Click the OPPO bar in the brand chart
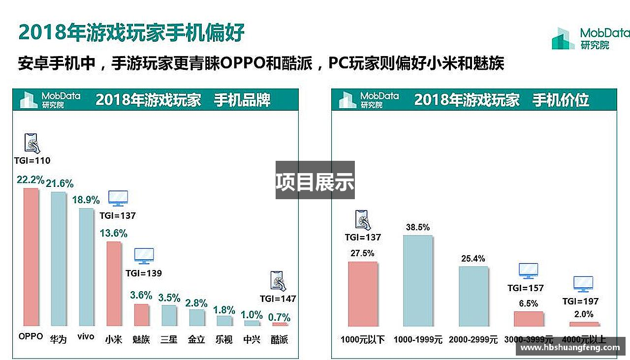pyautogui.click(x=31, y=257)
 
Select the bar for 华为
pyautogui.click(x=59, y=259)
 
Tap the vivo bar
pyautogui.click(x=86, y=267)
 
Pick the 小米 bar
pyautogui.click(x=114, y=283)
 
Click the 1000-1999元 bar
pyautogui.click(x=418, y=280)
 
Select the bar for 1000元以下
pyautogui.click(x=363, y=294)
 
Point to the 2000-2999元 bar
pyautogui.click(x=473, y=296)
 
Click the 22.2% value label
pyautogui.click(x=31, y=180)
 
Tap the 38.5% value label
pyautogui.click(x=418, y=227)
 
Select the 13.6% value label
pyautogui.click(x=114, y=233)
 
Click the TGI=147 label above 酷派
pyautogui.click(x=278, y=299)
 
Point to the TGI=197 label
pyautogui.click(x=583, y=301)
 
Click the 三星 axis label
pyautogui.click(x=169, y=339)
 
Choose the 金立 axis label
pyautogui.click(x=196, y=339)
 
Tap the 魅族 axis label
pyautogui.click(x=141, y=339)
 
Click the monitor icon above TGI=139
pyautogui.click(x=144, y=256)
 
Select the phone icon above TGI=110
pyautogui.click(x=32, y=143)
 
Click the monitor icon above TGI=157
pyautogui.click(x=528, y=270)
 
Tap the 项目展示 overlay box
pyautogui.click(x=315, y=180)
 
